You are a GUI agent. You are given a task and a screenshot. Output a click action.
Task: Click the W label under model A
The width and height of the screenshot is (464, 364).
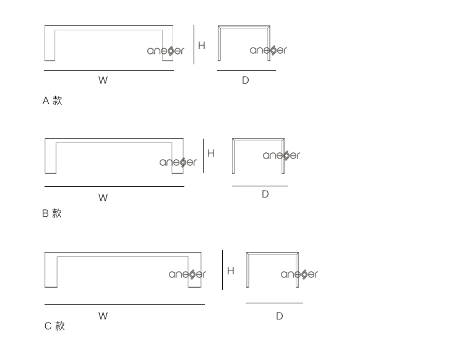103,80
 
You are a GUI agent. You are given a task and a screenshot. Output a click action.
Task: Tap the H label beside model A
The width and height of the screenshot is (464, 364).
202,45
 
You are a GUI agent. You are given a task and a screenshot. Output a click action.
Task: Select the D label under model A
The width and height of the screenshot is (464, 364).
246,80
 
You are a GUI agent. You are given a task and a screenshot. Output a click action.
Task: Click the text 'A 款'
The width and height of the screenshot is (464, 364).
53,101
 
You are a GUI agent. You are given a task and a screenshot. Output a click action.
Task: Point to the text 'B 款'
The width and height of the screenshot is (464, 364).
52,213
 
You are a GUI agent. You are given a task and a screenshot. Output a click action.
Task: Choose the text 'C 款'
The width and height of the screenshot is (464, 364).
54,326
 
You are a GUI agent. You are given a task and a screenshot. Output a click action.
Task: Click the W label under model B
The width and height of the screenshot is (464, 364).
103,197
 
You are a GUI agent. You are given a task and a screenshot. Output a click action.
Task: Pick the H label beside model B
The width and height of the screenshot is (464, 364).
211,153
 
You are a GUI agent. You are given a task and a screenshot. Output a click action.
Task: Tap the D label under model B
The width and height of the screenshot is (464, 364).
265,194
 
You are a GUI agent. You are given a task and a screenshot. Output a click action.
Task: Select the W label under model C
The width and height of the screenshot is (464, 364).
103,316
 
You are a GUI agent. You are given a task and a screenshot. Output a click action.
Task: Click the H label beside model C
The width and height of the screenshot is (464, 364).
231,271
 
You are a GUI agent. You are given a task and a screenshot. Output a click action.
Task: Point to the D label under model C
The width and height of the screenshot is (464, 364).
280,316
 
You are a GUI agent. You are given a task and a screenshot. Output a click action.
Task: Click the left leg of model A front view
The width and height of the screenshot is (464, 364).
49,45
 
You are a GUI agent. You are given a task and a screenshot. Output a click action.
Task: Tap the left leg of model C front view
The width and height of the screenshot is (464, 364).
51,272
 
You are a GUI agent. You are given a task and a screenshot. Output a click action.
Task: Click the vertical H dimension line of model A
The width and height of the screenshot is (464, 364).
194,45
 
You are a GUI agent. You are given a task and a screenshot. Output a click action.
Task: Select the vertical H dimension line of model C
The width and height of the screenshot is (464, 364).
223,270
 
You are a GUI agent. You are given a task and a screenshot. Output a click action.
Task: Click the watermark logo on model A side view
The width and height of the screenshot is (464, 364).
269,50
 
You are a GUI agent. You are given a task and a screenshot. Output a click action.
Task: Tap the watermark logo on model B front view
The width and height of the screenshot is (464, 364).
178,162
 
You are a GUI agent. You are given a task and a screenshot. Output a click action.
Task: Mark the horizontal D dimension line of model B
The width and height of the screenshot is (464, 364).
260,186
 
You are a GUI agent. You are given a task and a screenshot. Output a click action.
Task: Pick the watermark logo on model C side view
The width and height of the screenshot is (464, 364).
299,274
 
